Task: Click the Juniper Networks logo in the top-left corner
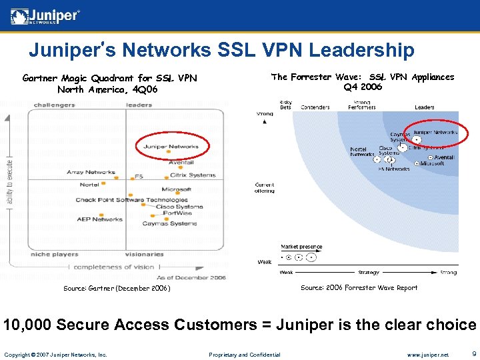click(x=45, y=16)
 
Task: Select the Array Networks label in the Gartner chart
click(x=91, y=172)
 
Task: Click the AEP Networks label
click(x=99, y=219)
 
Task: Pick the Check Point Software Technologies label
click(x=131, y=200)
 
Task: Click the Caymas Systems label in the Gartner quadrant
click(x=169, y=223)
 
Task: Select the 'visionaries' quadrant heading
click(x=144, y=254)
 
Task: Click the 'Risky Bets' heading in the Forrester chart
click(x=285, y=105)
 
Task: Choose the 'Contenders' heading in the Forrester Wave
click(x=315, y=107)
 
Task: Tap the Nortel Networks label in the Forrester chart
click(x=363, y=151)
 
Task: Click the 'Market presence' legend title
click(x=301, y=247)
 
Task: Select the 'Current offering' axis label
click(x=264, y=187)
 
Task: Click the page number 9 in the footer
click(x=473, y=354)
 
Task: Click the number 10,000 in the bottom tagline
click(x=27, y=325)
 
